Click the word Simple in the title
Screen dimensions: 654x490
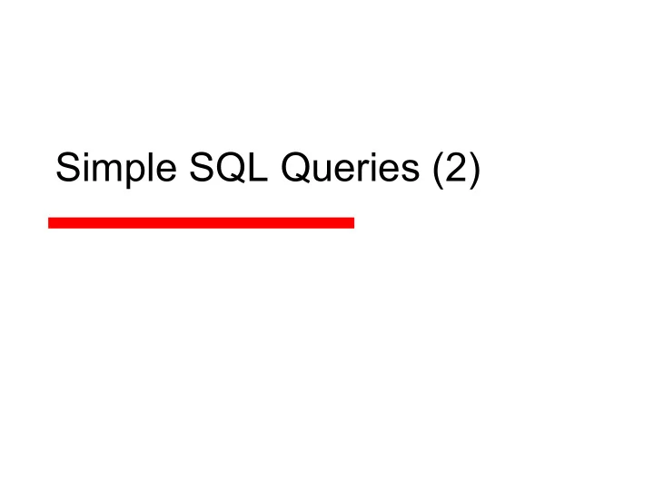116,169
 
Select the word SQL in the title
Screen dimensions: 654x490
228,167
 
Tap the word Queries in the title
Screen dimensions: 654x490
351,167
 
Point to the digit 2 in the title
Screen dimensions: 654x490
457,167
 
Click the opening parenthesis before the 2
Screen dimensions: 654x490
438,170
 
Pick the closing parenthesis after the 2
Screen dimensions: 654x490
476,170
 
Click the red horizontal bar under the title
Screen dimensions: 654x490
201,223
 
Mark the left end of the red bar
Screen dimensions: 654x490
49,223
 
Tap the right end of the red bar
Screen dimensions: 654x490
353,223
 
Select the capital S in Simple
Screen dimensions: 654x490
67,167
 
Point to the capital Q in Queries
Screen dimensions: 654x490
296,168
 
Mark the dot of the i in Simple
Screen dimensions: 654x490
85,154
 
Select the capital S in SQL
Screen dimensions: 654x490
202,167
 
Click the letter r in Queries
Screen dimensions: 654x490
367,171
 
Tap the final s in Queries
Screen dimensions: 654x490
411,171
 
